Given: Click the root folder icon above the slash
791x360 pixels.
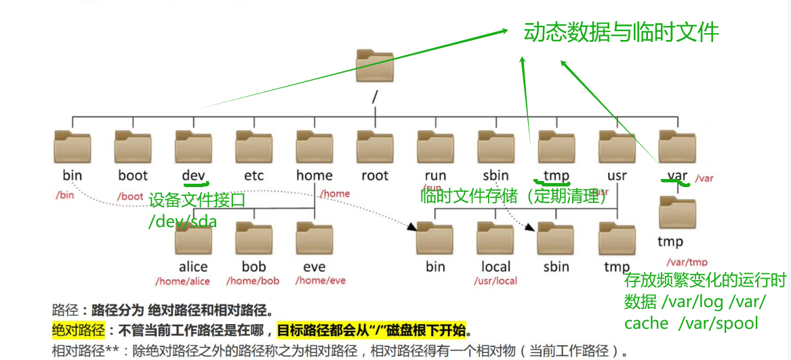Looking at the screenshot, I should (x=375, y=67).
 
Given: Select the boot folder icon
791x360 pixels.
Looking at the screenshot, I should (x=133, y=147).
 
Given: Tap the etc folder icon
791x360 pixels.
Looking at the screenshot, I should (x=254, y=147).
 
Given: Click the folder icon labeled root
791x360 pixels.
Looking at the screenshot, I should (x=375, y=147).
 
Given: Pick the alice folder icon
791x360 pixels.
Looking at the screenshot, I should (x=193, y=237).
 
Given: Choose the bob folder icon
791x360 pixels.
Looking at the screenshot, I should (x=254, y=237).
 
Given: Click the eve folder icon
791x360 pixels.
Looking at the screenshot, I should (x=315, y=237).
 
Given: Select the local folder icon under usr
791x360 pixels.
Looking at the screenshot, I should (x=495, y=237).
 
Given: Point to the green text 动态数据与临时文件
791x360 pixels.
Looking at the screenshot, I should (x=621, y=33).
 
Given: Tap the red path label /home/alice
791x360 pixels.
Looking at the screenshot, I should (x=182, y=281).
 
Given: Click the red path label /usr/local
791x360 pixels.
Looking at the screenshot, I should (x=495, y=281).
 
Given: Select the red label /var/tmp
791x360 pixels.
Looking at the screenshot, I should (x=687, y=262).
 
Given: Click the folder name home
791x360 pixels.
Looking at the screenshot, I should (x=315, y=176).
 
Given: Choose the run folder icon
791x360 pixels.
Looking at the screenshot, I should (x=435, y=147).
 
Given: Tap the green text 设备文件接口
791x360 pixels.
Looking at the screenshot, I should (x=197, y=201).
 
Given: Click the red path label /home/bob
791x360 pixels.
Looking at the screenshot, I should (x=253, y=281).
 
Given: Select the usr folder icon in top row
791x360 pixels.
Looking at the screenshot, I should (x=617, y=147).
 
